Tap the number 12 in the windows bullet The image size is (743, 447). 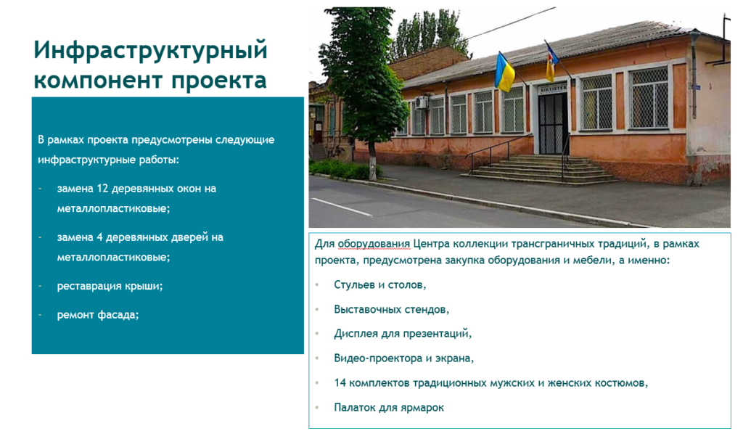click(x=103, y=188)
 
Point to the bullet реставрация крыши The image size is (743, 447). click(x=110, y=287)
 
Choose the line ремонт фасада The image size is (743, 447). click(x=98, y=315)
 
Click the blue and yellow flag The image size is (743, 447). click(x=505, y=72)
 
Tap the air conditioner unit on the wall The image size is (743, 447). click(x=422, y=102)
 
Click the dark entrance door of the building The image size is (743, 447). click(x=552, y=123)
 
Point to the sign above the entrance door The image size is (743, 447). click(x=552, y=89)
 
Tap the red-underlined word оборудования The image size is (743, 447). click(x=374, y=244)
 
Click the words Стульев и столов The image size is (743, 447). click(x=380, y=285)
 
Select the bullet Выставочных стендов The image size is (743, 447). click(x=391, y=310)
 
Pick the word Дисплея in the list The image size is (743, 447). click(x=356, y=334)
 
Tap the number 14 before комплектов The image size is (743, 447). click(x=340, y=382)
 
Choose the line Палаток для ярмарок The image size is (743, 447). click(x=389, y=407)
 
